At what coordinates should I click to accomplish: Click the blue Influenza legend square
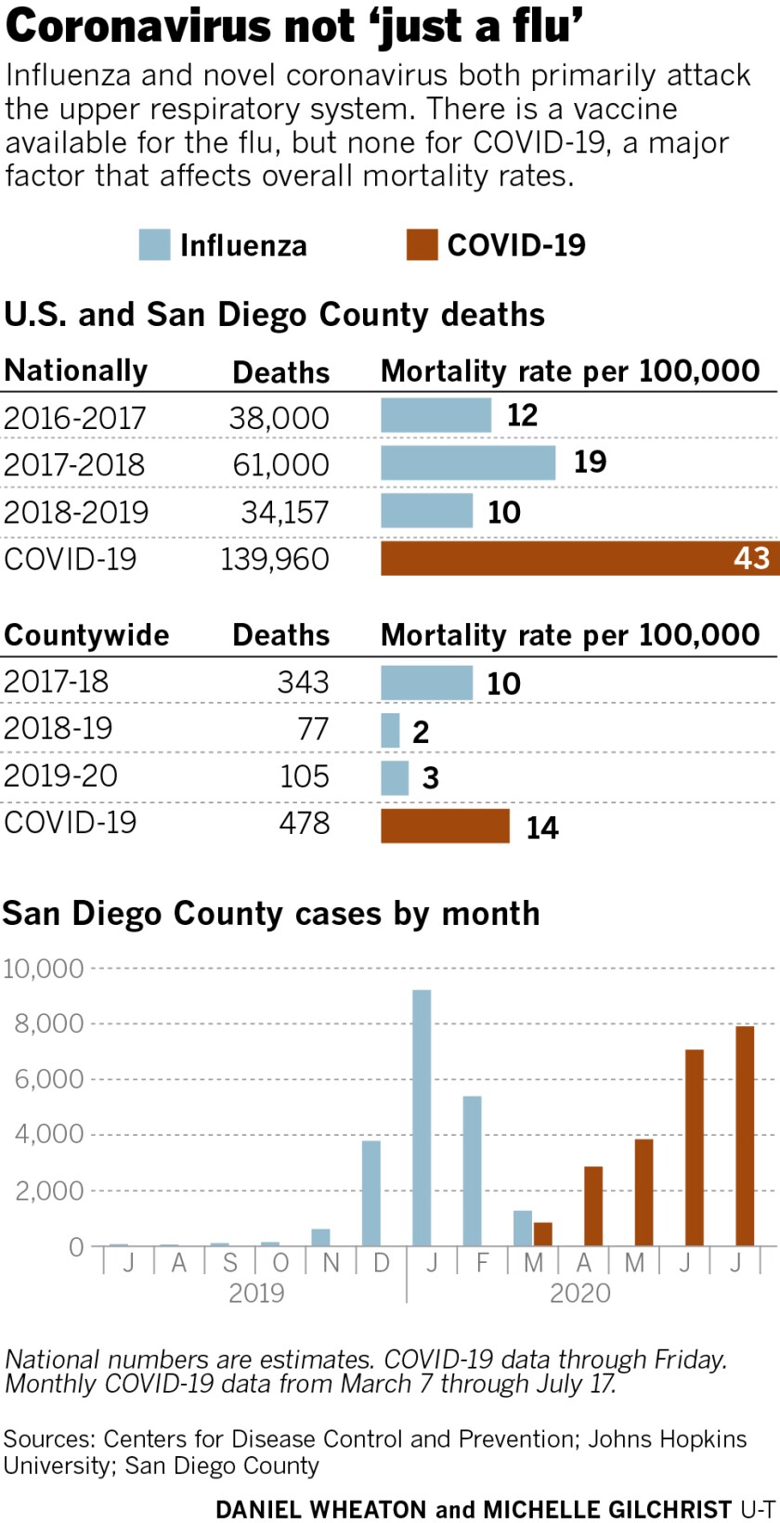[154, 245]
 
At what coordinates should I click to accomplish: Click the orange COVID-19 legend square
[422, 245]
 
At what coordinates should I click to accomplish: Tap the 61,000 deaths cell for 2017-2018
[280, 464]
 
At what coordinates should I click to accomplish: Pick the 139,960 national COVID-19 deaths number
[275, 559]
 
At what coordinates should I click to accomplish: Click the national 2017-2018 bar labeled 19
[467, 462]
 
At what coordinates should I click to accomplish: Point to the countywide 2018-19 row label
[58, 728]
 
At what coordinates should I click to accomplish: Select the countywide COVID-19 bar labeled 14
[445, 826]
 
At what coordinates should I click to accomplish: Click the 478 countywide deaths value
[305, 823]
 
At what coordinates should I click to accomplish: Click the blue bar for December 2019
[370, 1192]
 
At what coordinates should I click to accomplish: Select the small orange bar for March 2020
[543, 1234]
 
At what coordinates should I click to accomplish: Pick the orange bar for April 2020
[593, 1205]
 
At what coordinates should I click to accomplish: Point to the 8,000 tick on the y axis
[49, 1023]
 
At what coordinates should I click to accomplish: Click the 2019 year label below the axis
[256, 1293]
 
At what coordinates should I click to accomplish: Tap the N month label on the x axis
[331, 1262]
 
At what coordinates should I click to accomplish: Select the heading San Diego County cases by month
[270, 914]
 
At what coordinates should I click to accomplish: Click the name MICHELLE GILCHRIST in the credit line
[608, 1509]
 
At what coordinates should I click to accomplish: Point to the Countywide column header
[86, 635]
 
